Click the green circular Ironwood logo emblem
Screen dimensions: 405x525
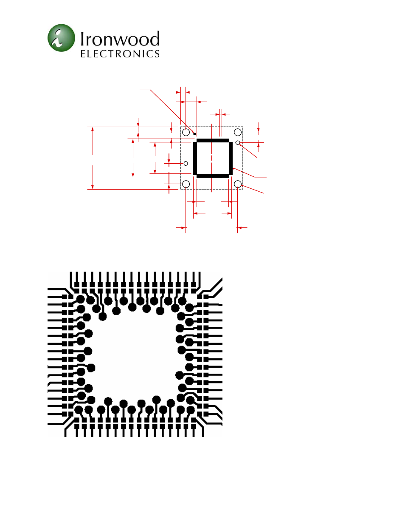pos(61,38)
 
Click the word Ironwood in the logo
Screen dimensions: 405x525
pos(120,38)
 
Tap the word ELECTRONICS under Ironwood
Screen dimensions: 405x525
pos(120,54)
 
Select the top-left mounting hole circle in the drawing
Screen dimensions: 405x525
pos(186,132)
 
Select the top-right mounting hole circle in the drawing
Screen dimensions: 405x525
pos(238,132)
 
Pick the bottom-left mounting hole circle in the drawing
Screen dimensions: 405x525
pos(186,184)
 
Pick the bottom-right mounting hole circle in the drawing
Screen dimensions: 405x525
pos(238,184)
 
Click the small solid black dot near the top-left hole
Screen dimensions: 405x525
pos(195,134)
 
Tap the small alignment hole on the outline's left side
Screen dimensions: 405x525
pos(186,164)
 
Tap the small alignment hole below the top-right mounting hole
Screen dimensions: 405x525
pos(238,142)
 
